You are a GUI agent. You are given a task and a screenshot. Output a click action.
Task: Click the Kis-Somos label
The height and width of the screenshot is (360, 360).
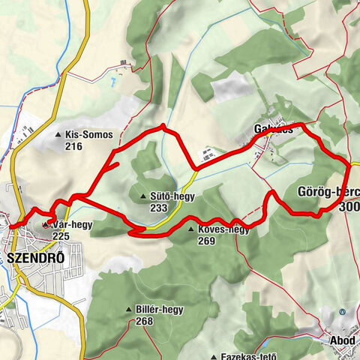coord(89,135)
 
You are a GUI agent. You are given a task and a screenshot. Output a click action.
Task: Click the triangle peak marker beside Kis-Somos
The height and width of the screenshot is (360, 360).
coord(59,135)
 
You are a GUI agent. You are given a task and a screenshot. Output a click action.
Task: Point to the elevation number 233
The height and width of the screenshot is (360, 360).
coord(158,208)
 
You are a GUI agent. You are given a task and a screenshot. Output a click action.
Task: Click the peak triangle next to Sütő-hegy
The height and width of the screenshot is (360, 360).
coord(144,196)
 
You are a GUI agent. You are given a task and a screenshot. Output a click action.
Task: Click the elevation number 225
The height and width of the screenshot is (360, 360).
coord(61,235)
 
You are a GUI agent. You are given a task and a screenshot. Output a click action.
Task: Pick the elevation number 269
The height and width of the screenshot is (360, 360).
coord(208,241)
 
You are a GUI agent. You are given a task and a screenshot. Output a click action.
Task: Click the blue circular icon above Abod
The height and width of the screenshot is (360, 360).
coord(342,311)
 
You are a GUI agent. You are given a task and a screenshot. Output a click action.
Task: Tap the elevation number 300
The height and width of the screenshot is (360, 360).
coord(348,206)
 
